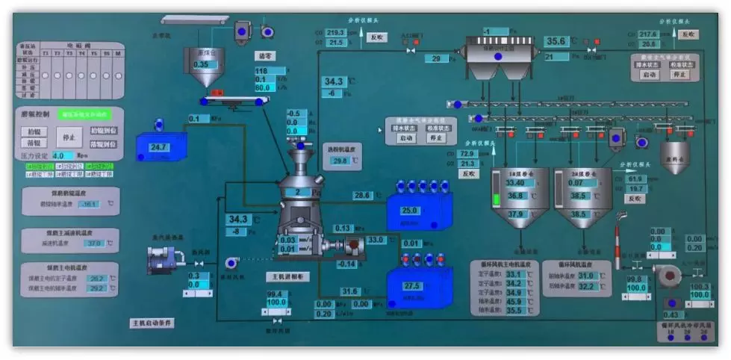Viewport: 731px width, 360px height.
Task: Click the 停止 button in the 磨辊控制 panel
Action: (x=69, y=137)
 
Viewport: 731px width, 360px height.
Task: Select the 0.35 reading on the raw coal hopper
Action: (x=201, y=65)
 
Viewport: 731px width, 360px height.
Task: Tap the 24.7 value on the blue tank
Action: (x=159, y=147)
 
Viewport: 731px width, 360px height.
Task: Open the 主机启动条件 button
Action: (x=152, y=323)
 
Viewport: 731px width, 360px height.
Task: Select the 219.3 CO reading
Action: (x=336, y=33)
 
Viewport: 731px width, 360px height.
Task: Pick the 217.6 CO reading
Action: (x=647, y=34)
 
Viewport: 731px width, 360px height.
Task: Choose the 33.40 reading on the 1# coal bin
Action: (x=515, y=183)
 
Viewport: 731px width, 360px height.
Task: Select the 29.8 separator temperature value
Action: (x=340, y=161)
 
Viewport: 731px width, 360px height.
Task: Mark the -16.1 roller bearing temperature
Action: (x=89, y=203)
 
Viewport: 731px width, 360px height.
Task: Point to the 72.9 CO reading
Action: (x=468, y=154)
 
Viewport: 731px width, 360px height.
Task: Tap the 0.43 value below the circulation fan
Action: (x=670, y=315)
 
